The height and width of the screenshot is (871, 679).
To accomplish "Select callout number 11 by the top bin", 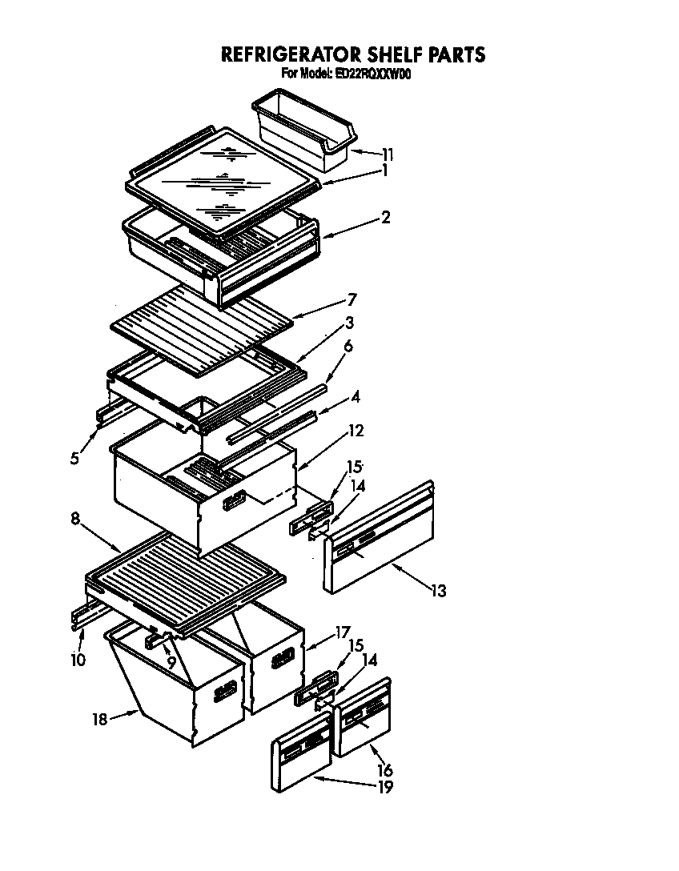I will (x=388, y=154).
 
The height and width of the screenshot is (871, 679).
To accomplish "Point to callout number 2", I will (x=385, y=216).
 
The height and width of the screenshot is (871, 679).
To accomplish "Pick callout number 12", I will (x=356, y=431).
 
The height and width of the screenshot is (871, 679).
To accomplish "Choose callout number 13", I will (x=437, y=592).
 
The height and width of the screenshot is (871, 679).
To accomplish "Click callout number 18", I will (x=98, y=719).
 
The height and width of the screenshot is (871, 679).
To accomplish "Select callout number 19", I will (x=384, y=787).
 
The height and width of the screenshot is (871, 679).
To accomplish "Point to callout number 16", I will (x=384, y=770).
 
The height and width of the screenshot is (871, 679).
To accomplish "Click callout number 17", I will (x=343, y=632).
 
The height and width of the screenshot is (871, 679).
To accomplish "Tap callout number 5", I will (x=74, y=458).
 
